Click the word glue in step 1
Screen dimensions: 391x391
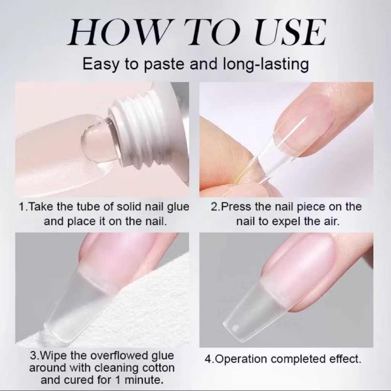[x=178, y=207]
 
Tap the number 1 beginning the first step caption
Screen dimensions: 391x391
[x=22, y=207]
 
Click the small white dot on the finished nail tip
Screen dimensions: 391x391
[x=235, y=327]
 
